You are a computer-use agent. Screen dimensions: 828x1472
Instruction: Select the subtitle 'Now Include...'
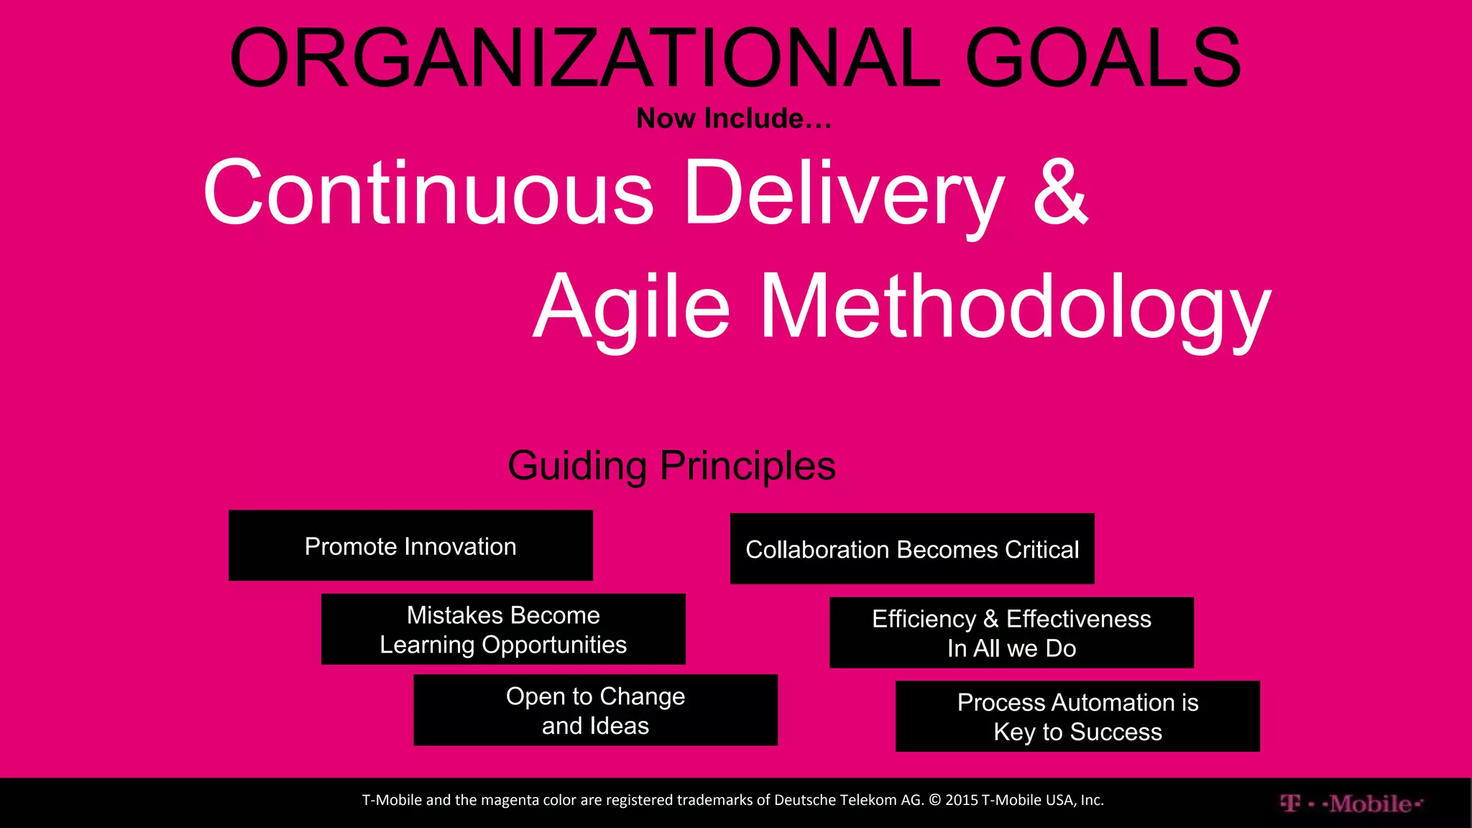coord(734,119)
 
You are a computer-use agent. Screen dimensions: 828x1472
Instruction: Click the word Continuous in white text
coord(428,193)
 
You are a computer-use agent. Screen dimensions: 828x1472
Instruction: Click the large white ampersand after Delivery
coord(1060,193)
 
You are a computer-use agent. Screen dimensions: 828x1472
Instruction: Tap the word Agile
coord(632,308)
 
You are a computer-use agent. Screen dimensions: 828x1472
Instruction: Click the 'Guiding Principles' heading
coord(671,466)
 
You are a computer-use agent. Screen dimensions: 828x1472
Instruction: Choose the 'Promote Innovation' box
coord(410,546)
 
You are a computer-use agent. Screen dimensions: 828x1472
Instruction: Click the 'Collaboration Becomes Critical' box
coord(912,549)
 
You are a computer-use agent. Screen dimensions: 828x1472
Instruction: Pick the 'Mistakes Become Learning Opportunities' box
coord(503,630)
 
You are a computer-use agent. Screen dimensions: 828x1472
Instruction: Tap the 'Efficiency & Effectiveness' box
coord(1011,633)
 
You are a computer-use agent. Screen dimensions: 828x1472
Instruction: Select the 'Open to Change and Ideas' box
coord(595,711)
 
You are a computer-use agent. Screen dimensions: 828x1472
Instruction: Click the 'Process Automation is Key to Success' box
coord(1077,717)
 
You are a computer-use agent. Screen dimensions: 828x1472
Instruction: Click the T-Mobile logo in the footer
coord(1351,804)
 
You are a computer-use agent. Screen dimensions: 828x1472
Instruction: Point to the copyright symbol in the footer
coord(934,800)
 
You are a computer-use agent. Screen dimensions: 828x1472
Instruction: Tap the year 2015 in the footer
coord(962,800)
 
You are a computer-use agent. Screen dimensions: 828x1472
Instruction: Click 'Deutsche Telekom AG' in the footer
coord(849,800)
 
